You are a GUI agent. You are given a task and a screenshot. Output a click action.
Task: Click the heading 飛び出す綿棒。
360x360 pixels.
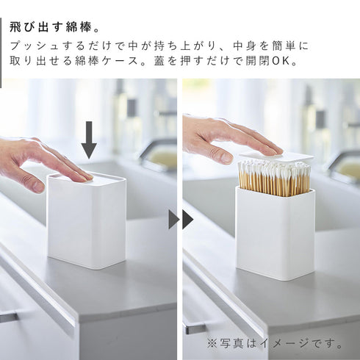coord(56,27)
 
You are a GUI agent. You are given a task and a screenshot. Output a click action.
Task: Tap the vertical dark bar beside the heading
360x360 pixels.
coord(1,44)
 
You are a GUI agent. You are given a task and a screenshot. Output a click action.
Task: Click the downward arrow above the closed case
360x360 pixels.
coord(89,140)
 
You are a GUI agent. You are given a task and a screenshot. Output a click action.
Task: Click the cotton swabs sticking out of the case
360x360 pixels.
coord(273,179)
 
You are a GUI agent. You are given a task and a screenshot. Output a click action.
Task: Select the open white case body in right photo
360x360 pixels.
coord(275,235)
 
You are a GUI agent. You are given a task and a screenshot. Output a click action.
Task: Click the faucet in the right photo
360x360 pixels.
coord(342,162)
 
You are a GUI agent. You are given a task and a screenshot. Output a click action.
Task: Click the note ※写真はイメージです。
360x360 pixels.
coord(275,343)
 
